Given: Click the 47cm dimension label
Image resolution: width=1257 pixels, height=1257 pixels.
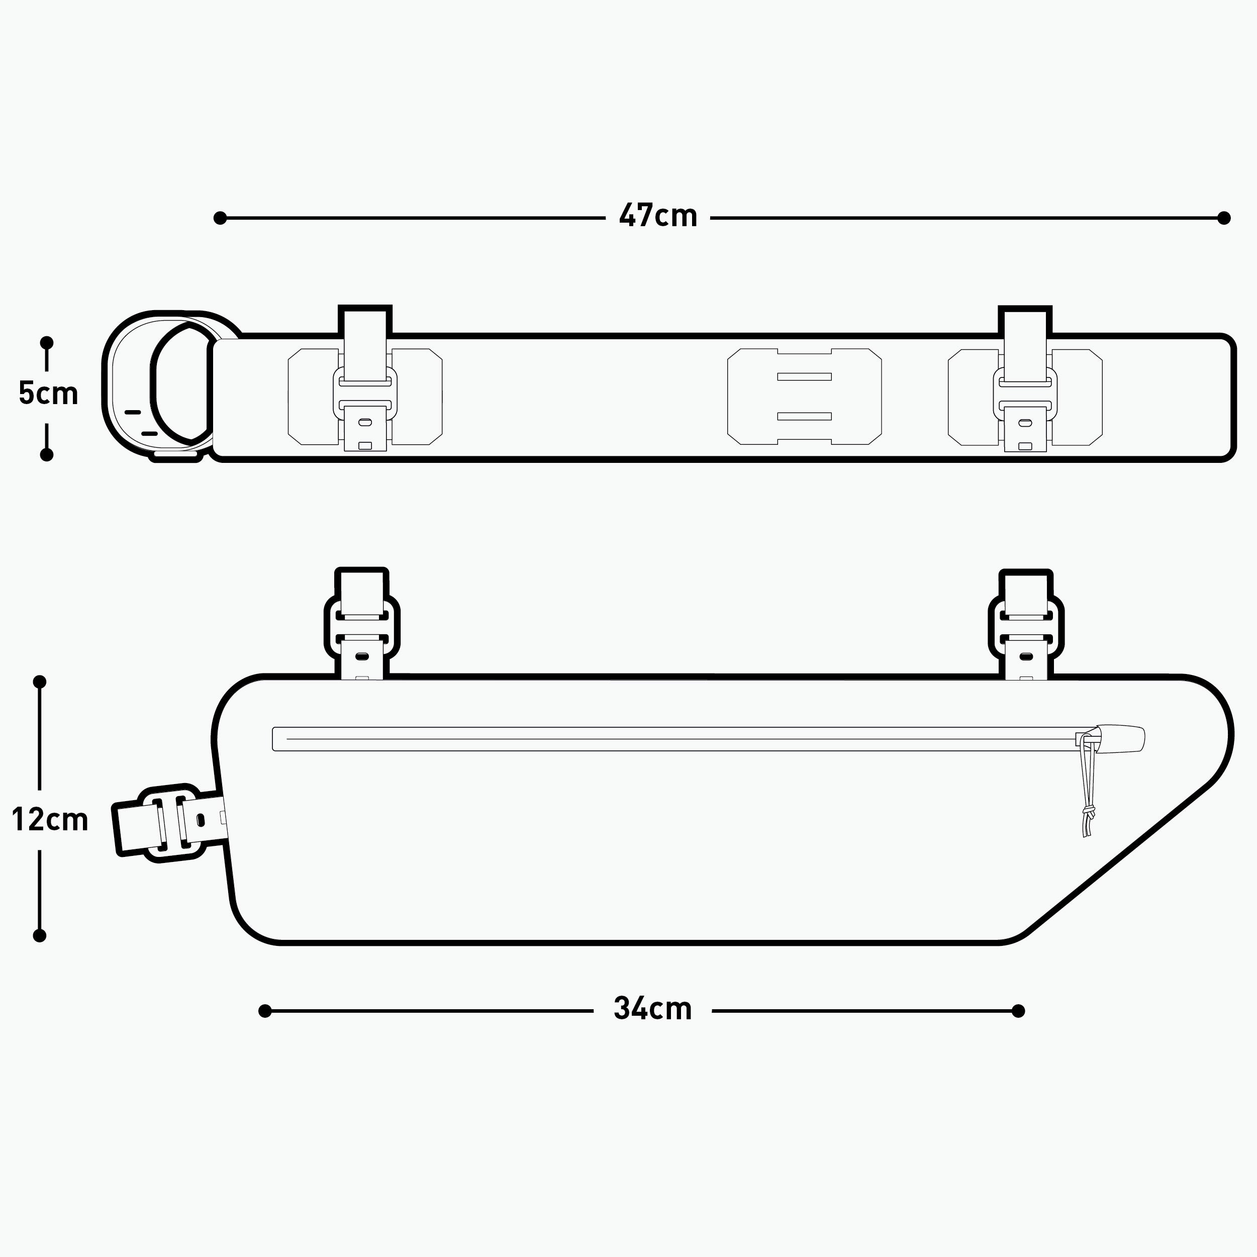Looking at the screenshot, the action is pyautogui.click(x=658, y=216).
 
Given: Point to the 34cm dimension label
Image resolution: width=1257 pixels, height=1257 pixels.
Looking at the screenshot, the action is pyautogui.click(x=652, y=1008).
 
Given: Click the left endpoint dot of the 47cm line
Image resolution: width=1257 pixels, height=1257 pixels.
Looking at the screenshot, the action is pyautogui.click(x=220, y=218).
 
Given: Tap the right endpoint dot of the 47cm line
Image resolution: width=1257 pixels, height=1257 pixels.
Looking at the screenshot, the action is pyautogui.click(x=1224, y=218).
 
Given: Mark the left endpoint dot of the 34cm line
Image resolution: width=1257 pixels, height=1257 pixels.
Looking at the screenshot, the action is pyautogui.click(x=265, y=1010).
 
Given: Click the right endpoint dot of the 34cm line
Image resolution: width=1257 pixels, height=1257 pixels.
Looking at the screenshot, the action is pyautogui.click(x=1019, y=1010).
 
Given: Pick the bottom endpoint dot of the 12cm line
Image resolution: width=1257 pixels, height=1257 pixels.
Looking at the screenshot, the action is pyautogui.click(x=40, y=936).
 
